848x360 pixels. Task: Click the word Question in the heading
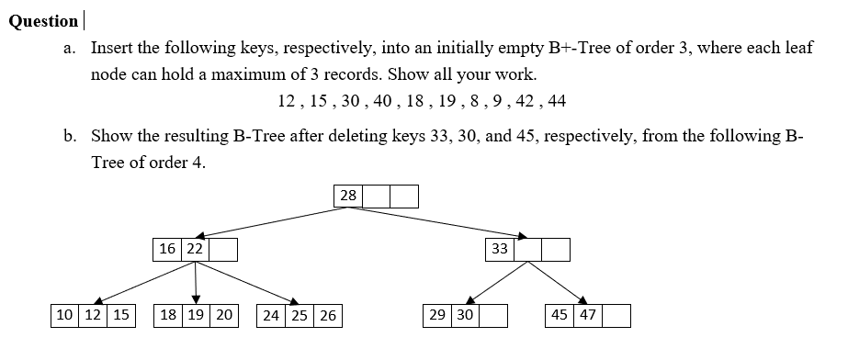[43, 21]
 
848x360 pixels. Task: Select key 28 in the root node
[348, 196]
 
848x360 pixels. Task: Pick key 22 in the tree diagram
[195, 249]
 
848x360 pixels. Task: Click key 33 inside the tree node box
[500, 249]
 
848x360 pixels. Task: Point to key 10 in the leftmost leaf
[65, 315]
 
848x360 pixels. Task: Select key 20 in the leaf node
[224, 315]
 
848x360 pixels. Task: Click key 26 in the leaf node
[327, 315]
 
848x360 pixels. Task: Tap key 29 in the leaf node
[436, 315]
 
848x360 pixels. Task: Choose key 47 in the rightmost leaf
[588, 315]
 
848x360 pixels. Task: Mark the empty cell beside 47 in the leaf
[616, 315]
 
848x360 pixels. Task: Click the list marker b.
[71, 136]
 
